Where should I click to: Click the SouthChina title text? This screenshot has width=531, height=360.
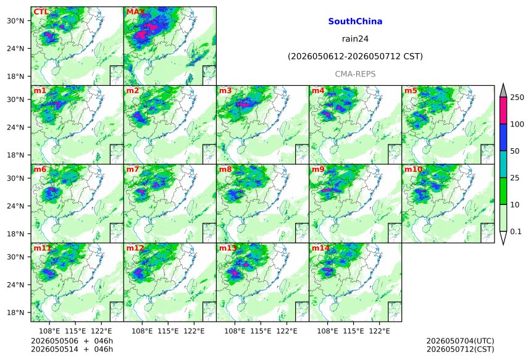(x=355, y=22)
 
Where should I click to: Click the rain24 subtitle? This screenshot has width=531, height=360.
(x=355, y=39)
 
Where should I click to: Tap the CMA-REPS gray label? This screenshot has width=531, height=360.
(x=355, y=74)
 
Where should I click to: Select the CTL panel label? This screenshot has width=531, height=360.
(x=41, y=12)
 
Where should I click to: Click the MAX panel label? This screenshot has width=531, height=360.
(x=135, y=12)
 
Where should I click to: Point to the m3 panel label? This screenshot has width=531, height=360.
(x=225, y=91)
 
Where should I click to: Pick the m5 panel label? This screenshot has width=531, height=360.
(x=411, y=91)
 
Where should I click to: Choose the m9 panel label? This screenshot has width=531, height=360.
(x=318, y=169)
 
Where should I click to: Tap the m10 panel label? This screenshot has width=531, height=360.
(x=413, y=169)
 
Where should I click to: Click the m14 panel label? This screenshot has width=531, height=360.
(x=320, y=248)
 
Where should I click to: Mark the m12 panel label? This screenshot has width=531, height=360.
(x=135, y=248)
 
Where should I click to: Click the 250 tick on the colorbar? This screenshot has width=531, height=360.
(x=517, y=98)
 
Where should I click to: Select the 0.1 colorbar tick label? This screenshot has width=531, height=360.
(x=516, y=232)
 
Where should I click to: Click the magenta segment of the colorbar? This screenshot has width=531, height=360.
(x=503, y=111)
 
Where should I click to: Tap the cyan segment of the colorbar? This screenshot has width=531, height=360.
(x=503, y=164)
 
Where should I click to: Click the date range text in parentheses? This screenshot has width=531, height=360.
(x=355, y=56)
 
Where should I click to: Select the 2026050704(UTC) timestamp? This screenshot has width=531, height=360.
(x=460, y=341)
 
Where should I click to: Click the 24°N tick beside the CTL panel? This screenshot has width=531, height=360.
(x=15, y=48)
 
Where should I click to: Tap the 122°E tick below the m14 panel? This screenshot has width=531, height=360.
(x=379, y=331)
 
